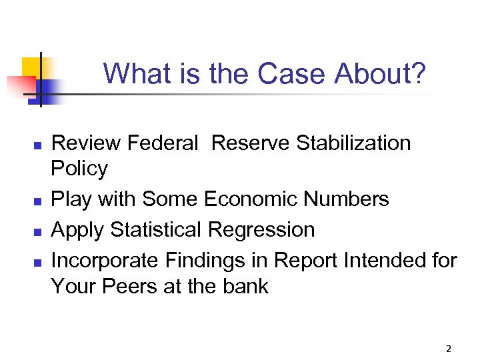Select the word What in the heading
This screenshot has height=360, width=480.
click(137, 73)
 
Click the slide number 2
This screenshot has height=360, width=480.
click(449, 349)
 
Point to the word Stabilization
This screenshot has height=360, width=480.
click(353, 143)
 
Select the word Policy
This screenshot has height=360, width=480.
click(79, 169)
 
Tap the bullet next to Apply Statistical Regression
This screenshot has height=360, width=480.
click(38, 231)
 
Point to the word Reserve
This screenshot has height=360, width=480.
click(251, 143)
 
